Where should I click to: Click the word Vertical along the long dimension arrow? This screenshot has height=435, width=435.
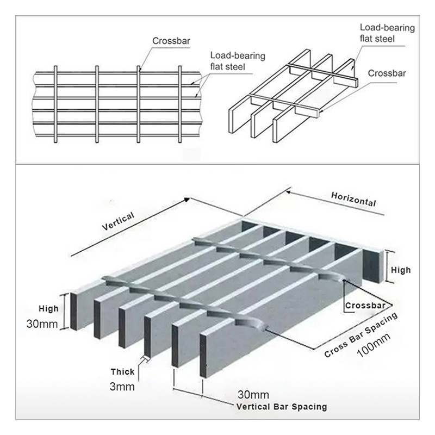pos(118,222)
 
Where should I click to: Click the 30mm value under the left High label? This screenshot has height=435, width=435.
pos(41,324)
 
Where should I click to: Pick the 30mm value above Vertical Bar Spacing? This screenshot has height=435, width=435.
pos(254,394)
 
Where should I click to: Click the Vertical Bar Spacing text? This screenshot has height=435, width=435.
pos(282,406)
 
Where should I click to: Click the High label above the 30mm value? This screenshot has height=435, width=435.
pos(48,309)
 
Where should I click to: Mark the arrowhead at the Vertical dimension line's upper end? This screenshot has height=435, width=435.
pos(187,198)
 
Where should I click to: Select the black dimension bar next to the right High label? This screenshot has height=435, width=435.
pos(388,266)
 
